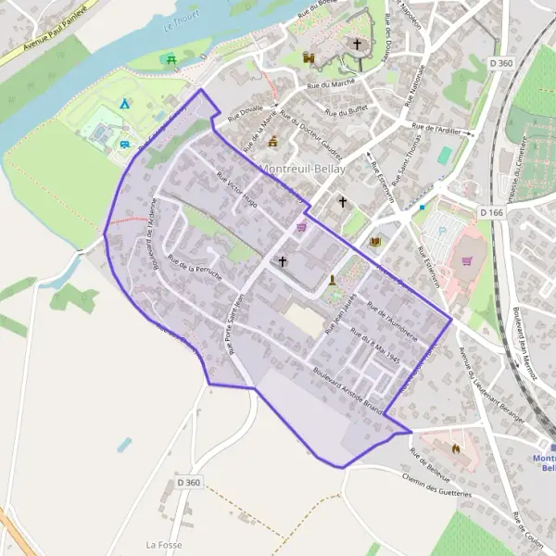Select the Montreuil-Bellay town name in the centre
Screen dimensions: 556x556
(x=303, y=170)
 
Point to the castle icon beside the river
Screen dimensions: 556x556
(x=309, y=57)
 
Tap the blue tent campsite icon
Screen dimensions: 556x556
(x=124, y=104)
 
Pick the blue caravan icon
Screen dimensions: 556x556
(x=124, y=144)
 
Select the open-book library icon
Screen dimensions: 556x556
(x=375, y=242)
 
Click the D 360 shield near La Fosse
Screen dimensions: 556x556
(x=188, y=483)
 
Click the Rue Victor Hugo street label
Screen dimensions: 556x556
(x=235, y=188)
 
